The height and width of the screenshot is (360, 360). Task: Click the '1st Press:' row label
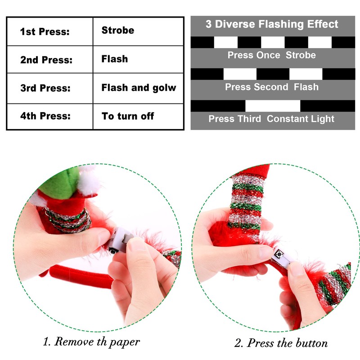[x=45, y=31]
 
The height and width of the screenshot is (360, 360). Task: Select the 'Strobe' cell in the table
[x=118, y=30]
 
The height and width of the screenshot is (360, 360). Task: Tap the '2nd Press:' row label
[x=46, y=60]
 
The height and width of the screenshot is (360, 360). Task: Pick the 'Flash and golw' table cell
[x=139, y=87]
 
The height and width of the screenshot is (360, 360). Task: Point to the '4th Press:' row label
[x=45, y=116]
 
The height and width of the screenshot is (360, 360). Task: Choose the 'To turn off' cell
[x=128, y=116]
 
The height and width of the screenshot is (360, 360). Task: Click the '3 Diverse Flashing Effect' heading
[x=272, y=24]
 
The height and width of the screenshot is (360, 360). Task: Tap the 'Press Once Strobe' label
[x=271, y=55]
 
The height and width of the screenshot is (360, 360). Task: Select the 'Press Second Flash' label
[x=271, y=87]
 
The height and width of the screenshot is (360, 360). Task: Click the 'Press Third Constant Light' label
[x=271, y=119]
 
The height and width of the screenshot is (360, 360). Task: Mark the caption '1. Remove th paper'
[x=91, y=342]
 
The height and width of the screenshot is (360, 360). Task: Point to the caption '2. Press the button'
[x=281, y=343]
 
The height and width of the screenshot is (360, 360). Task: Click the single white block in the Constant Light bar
[x=273, y=106]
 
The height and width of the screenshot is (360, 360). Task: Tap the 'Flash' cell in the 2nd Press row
[x=115, y=59]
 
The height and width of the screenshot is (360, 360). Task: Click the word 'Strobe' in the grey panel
[x=301, y=55]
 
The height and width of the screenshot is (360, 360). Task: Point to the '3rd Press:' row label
[x=45, y=88]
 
